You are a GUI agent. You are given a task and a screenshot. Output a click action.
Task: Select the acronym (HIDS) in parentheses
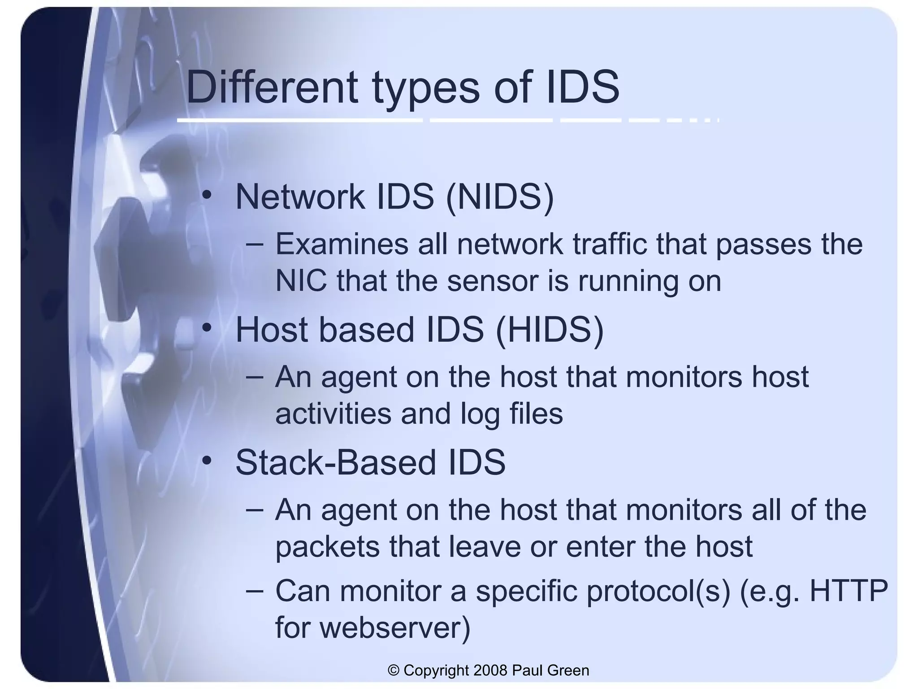click(550, 329)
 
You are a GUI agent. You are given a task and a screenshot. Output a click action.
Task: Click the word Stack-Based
click(335, 462)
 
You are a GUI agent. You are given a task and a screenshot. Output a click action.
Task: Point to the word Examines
click(342, 244)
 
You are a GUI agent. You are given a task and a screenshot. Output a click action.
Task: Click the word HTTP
click(849, 591)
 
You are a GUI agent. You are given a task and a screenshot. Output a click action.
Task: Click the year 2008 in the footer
click(490, 670)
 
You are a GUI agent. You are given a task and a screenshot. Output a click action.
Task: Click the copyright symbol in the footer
click(394, 671)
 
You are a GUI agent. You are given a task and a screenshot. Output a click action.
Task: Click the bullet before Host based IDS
click(206, 328)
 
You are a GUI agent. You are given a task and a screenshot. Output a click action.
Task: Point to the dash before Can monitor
click(255, 590)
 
